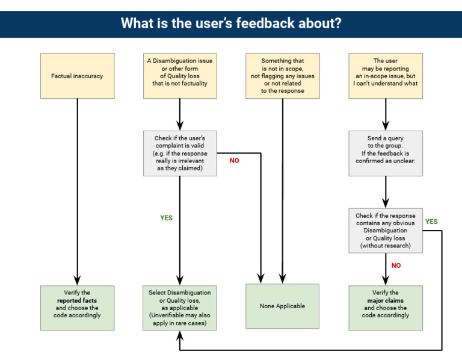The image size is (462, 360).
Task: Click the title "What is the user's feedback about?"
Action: click(x=231, y=23)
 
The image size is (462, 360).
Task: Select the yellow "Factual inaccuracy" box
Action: click(x=77, y=76)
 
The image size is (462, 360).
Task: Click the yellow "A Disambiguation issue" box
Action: click(x=180, y=76)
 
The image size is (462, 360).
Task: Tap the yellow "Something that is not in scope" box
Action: click(x=282, y=76)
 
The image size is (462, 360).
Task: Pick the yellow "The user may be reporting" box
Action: click(x=386, y=76)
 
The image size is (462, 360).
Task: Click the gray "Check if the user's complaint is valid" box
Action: click(x=180, y=154)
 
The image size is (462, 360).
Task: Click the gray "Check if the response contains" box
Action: click(x=386, y=231)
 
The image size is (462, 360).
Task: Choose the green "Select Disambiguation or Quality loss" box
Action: click(x=180, y=307)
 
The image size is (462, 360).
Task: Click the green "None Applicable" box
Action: click(x=282, y=306)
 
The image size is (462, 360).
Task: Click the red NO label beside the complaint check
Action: click(x=234, y=161)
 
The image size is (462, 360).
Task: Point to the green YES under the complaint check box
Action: click(x=167, y=218)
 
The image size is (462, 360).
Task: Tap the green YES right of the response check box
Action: click(x=431, y=222)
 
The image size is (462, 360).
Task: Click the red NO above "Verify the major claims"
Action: click(x=396, y=265)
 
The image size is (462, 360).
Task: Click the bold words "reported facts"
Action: click(x=77, y=300)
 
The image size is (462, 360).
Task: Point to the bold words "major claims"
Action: click(x=386, y=300)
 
